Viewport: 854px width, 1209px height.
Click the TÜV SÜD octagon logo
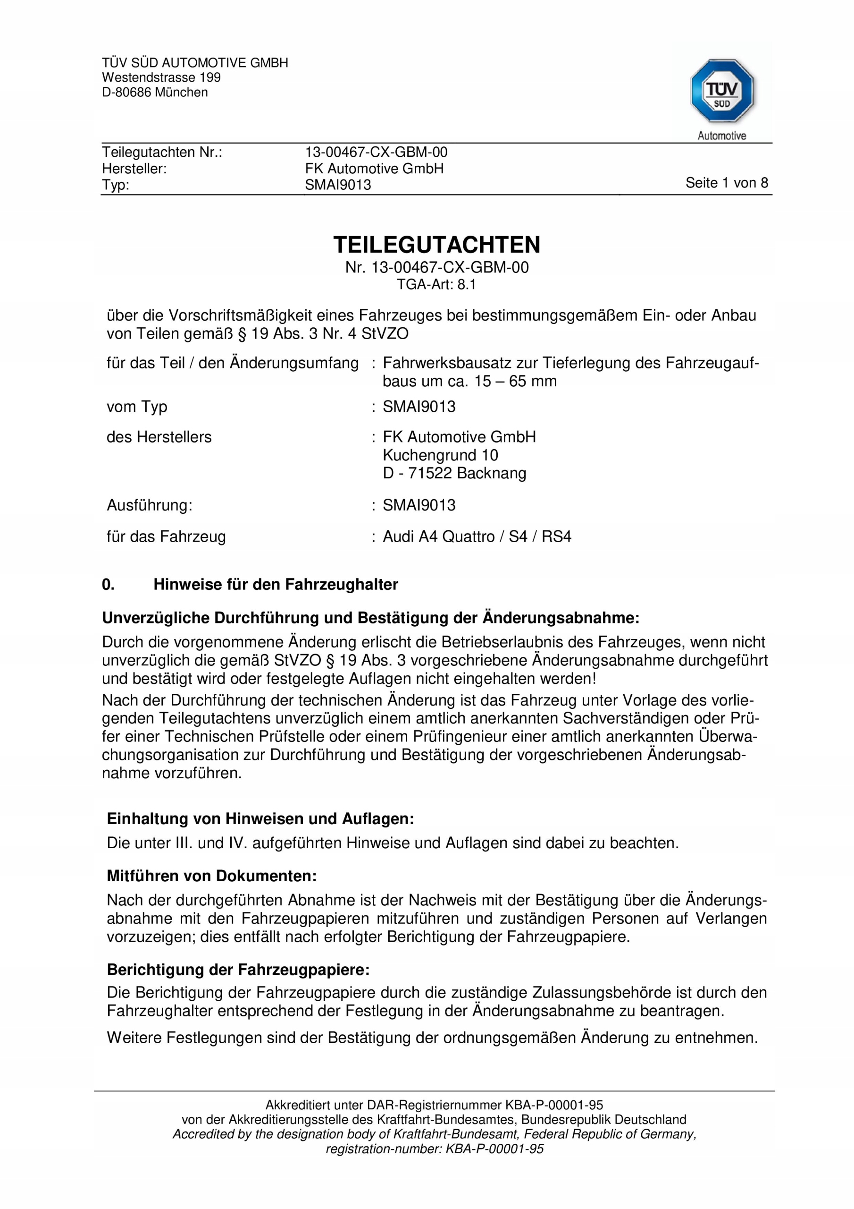721,91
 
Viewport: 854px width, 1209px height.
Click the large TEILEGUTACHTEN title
436,245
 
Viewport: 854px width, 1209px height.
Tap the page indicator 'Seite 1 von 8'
726,183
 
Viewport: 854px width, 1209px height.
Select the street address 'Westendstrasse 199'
161,77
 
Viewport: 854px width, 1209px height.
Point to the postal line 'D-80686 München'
155,92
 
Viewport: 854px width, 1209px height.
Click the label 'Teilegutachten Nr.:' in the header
162,152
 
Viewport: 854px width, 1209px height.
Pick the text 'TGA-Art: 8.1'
436,285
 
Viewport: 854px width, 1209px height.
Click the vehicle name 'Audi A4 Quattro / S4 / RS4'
477,536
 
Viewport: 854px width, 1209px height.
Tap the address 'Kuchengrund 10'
440,455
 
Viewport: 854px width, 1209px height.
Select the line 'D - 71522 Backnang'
454,473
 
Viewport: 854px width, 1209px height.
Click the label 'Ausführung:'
150,505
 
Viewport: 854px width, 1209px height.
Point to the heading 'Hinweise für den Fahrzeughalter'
276,585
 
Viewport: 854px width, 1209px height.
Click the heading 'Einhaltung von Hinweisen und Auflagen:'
260,819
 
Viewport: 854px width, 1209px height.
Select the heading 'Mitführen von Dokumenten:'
211,876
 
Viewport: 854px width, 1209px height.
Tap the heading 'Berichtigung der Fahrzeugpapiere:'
238,970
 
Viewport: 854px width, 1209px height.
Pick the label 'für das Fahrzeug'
166,536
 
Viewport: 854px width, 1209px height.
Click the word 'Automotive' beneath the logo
721,136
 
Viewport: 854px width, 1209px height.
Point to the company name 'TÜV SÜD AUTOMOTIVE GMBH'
195,63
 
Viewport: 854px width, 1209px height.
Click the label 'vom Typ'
137,407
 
